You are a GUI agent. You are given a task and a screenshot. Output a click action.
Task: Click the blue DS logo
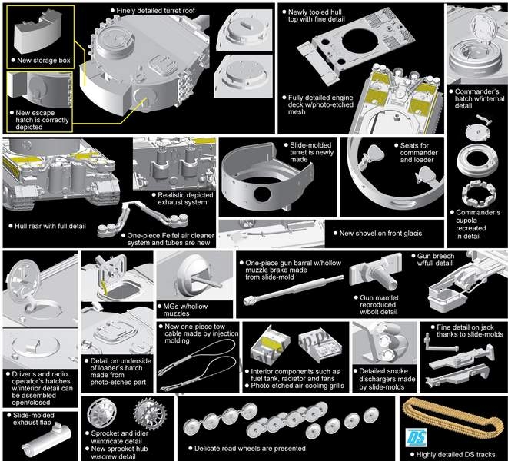tap(416, 437)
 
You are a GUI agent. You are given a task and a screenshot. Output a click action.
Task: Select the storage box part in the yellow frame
tap(38, 32)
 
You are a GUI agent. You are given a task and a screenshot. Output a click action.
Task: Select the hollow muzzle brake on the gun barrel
tap(249, 300)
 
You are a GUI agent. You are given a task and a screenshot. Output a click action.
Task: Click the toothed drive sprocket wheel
tap(151, 414)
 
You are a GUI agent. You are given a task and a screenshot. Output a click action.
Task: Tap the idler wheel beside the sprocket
tap(101, 412)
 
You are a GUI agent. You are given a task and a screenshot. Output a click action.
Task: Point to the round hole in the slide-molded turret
tap(262, 194)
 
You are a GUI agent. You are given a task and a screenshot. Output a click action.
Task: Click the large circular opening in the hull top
tap(360, 44)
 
